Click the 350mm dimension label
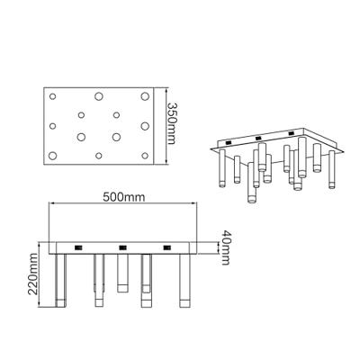pos(172,123)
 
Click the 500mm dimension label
pos(123,197)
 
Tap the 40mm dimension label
pos(225,247)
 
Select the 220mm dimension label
pos(33,274)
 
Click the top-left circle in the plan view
pos(53,96)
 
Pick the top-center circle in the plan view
pos(99,96)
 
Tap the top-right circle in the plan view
pos(145,96)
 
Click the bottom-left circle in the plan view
pos(53,156)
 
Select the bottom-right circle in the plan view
pos(145,156)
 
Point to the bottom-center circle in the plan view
pos(99,156)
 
